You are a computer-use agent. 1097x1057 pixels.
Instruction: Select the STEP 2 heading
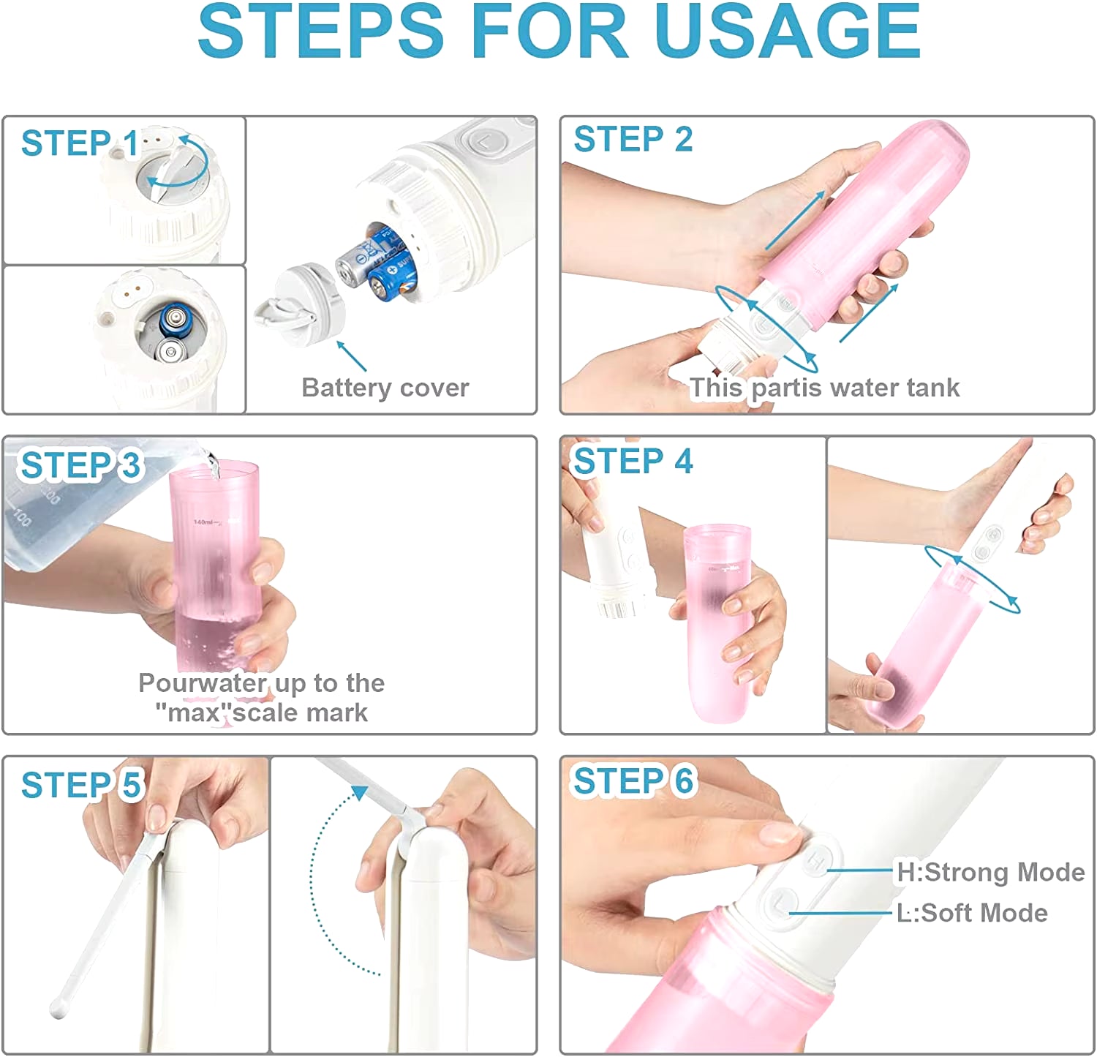tap(633, 140)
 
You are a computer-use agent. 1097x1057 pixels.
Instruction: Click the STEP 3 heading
tap(80, 465)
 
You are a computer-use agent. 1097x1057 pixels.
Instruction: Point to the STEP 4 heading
tap(633, 462)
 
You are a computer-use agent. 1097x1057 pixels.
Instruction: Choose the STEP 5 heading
tap(80, 785)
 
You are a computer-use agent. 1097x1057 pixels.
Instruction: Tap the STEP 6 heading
tap(633, 781)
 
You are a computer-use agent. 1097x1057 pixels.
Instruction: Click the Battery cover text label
tap(385, 388)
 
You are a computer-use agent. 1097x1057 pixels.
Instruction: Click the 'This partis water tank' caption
tap(824, 388)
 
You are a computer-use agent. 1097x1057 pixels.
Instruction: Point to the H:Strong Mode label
tap(990, 872)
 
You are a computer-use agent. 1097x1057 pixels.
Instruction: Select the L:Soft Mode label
tap(971, 913)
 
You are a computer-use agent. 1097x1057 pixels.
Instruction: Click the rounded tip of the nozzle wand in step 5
tap(59, 1009)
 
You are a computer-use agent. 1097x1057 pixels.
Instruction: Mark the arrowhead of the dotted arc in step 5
tap(360, 793)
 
